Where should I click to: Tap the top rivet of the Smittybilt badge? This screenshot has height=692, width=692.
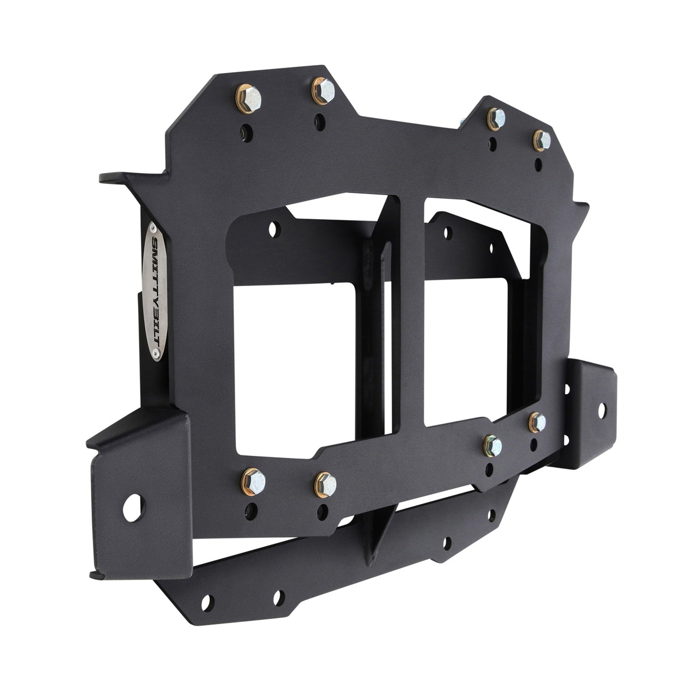point(153,227)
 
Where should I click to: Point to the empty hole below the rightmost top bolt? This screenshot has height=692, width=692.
point(538,162)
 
